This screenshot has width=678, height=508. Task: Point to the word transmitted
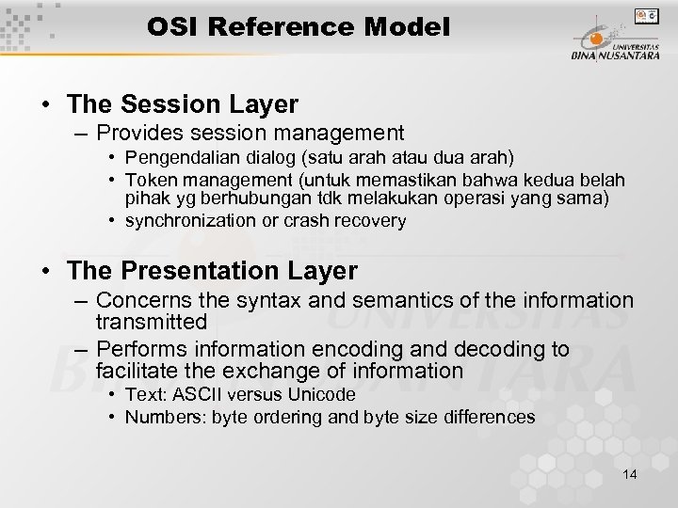point(151,322)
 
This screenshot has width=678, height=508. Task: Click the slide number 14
point(630,474)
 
